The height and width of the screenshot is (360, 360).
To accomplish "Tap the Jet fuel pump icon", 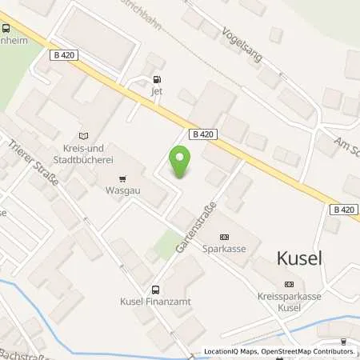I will pos(157,79).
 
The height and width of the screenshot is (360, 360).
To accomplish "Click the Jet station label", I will pos(157,91).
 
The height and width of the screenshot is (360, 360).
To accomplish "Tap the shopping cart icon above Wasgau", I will pos(122,179).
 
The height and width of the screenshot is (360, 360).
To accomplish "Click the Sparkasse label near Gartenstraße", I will pos(222,249).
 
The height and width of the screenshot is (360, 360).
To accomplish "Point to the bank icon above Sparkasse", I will pos(223,236).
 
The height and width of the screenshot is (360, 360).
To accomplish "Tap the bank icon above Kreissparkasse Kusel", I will pos(289,284).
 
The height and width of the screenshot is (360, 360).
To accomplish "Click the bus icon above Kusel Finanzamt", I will pos(157,290).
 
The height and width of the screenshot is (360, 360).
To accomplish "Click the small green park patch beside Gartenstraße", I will pos(166,244).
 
